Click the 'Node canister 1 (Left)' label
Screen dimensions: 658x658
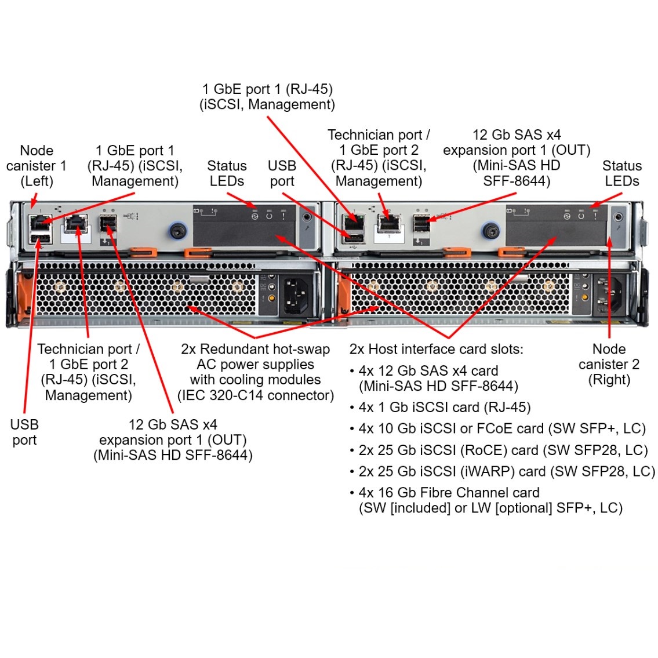[36, 166]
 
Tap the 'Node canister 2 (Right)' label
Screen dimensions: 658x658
[609, 365]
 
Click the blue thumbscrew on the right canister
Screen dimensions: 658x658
[491, 232]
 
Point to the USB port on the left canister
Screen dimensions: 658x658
[40, 238]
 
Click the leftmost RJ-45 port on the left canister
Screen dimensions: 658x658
[40, 222]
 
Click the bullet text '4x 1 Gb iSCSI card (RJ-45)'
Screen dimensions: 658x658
[444, 408]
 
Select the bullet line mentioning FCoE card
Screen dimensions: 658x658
[501, 429]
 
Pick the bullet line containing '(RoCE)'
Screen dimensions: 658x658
[503, 450]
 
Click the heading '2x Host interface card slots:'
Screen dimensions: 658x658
[436, 350]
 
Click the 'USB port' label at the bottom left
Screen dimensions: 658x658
[24, 432]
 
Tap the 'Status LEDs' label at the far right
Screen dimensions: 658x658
[621, 173]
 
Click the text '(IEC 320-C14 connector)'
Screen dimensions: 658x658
[256, 395]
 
